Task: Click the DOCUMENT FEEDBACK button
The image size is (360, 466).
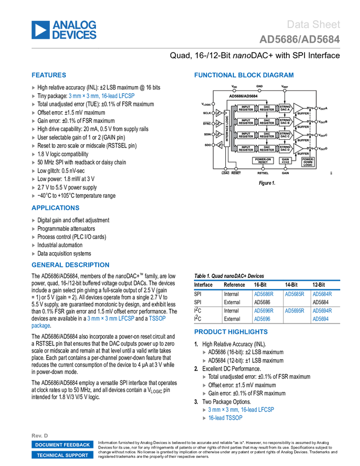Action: tap(62, 445)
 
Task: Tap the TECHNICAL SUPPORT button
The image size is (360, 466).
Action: tap(62, 455)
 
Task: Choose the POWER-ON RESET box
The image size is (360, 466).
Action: tap(262, 161)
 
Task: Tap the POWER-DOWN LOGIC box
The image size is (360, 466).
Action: tap(308, 162)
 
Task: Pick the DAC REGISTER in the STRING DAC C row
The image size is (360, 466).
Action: tap(267, 134)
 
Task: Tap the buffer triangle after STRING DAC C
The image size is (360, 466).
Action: tap(299, 134)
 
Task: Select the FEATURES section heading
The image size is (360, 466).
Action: tap(49, 75)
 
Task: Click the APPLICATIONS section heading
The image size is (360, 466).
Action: tap(55, 208)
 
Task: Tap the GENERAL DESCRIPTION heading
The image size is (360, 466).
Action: tap(70, 265)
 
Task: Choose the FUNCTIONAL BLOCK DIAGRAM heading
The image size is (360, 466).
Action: tap(244, 75)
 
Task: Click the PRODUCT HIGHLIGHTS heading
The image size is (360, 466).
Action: tap(231, 332)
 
